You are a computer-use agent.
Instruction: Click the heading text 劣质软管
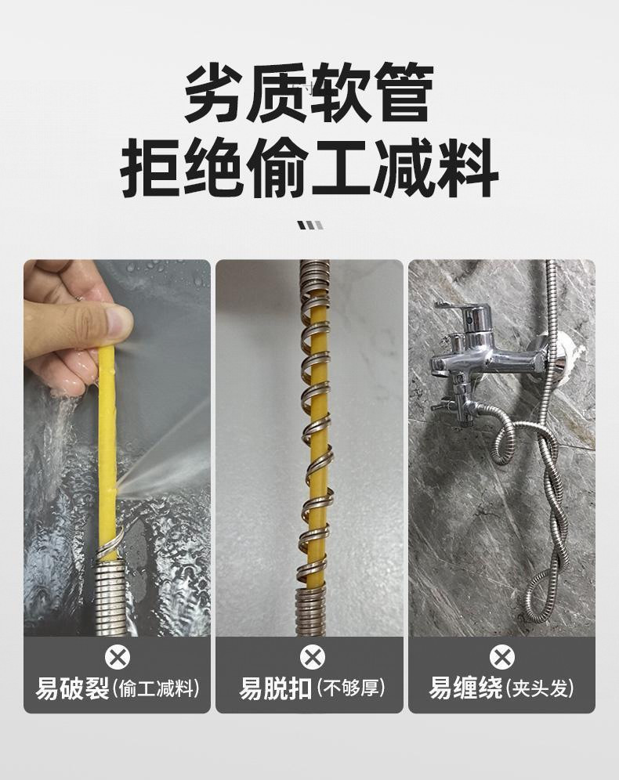pyautogui.click(x=309, y=95)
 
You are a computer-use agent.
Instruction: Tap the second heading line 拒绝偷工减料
pyautogui.click(x=309, y=168)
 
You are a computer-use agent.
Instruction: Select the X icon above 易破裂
pyautogui.click(x=118, y=656)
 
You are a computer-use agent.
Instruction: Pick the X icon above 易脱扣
pyautogui.click(x=311, y=656)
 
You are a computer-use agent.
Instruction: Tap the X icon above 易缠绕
pyautogui.click(x=501, y=656)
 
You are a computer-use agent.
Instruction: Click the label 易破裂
pyautogui.click(x=72, y=689)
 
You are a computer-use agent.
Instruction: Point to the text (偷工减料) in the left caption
pyautogui.click(x=156, y=690)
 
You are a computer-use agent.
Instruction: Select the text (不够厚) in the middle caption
pyautogui.click(x=350, y=690)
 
